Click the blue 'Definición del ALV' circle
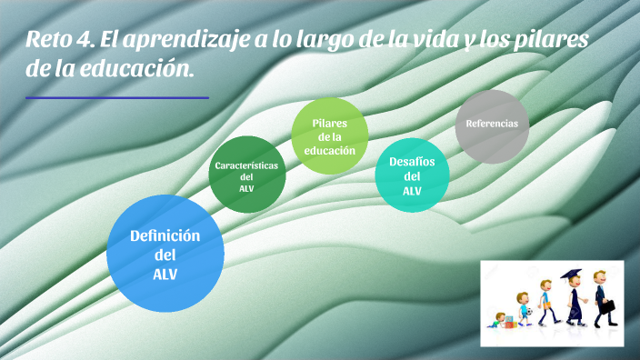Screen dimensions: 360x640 point(165,253)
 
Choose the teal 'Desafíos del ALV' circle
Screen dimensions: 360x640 point(412,174)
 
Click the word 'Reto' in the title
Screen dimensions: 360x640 point(50,40)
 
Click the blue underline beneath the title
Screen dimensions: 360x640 point(117,97)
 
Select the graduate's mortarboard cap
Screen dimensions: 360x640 point(571,274)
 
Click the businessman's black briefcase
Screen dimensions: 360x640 point(607,306)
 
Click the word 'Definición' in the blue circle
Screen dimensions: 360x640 point(165,235)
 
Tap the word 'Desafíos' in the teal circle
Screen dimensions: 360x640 point(412,161)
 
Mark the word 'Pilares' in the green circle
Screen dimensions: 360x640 point(329,123)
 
